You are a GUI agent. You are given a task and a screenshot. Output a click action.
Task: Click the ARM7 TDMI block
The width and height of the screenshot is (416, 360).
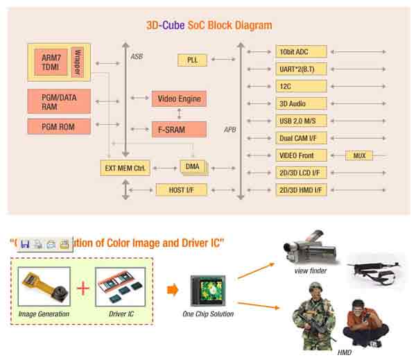point(51,62)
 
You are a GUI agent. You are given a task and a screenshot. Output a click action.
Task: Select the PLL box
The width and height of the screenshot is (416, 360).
point(192,60)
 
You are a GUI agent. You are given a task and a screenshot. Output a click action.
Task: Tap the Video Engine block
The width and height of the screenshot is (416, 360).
point(179,98)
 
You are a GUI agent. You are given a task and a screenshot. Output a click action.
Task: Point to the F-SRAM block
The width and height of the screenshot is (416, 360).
point(179,128)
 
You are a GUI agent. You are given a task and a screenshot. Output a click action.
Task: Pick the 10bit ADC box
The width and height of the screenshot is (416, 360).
point(300,51)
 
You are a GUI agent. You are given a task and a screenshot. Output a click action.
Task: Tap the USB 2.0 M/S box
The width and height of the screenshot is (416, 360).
point(300,121)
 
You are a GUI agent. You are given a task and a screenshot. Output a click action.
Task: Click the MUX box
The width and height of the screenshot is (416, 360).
point(358,155)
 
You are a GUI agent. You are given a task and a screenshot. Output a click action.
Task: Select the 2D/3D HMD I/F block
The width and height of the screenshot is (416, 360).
point(300,189)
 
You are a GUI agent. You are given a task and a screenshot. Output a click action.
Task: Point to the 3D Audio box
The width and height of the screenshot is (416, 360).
point(300,103)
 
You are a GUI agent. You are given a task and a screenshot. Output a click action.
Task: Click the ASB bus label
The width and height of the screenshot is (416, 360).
point(137,55)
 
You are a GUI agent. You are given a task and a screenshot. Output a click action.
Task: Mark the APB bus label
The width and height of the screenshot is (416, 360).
point(229,130)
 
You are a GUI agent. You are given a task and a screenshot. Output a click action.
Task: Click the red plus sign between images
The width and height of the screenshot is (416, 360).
point(83,286)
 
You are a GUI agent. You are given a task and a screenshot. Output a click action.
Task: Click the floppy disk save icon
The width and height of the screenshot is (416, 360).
point(25,244)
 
